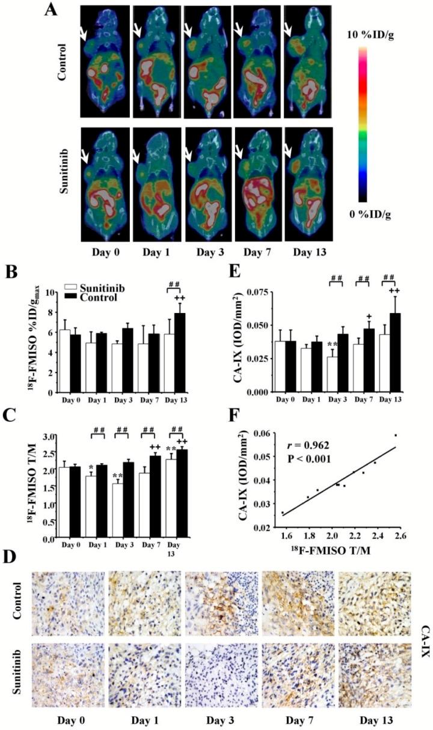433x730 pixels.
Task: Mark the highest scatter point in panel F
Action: pyautogui.click(x=395, y=435)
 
